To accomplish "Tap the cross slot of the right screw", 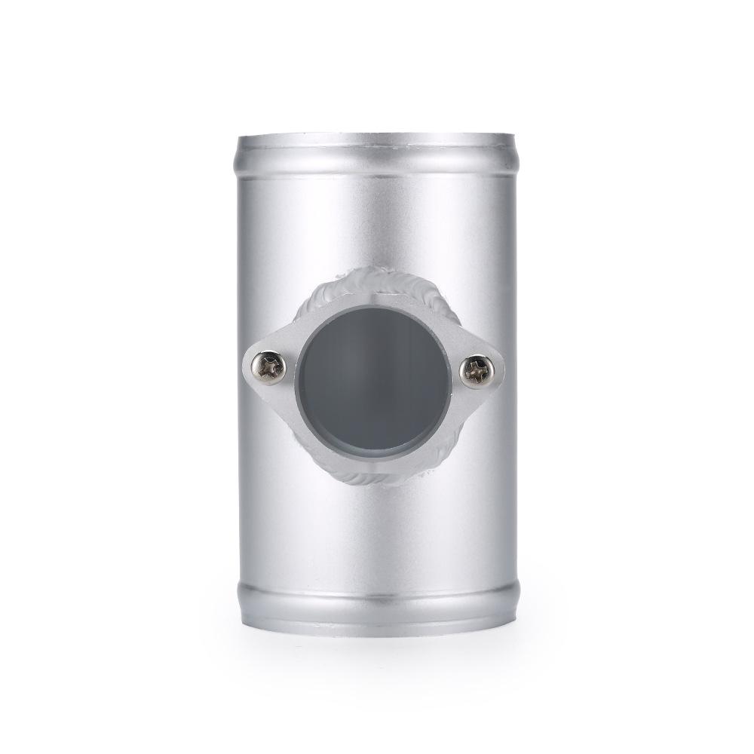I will [477, 370].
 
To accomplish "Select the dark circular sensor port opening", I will [375, 381].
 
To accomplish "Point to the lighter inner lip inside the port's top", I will [375, 314].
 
